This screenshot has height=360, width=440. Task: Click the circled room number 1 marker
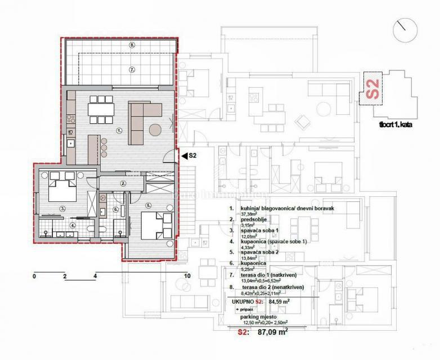point(119,130)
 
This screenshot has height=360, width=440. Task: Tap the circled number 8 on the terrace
point(132,44)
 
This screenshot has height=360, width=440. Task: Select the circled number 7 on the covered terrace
point(132,70)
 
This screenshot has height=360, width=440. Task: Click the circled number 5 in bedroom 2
point(149,205)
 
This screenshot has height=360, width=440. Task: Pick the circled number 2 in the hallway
point(123,183)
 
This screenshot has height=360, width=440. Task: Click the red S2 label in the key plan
point(372,89)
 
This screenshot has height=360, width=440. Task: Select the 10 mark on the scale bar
point(187,276)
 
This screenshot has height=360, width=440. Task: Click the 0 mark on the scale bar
point(34,276)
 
